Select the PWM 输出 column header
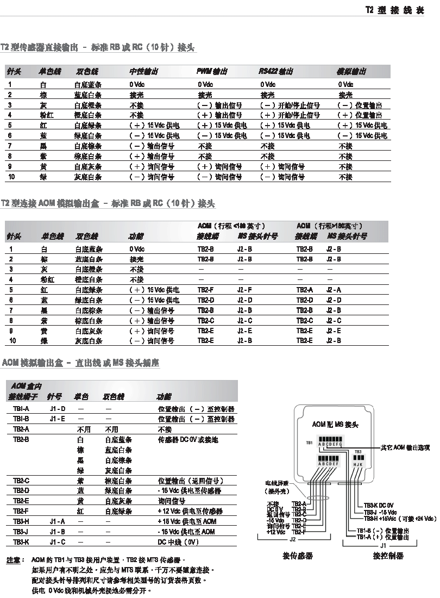212,72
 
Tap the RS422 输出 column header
276,72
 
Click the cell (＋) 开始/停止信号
290,115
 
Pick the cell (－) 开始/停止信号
290,105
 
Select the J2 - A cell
334,290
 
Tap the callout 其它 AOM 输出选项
405,448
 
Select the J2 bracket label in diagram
292,539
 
